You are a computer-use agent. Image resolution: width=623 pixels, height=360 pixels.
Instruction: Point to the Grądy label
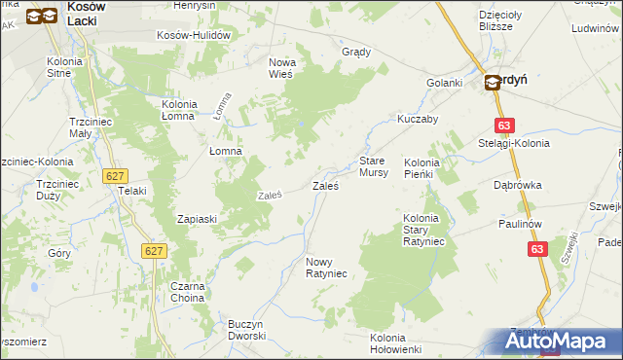click(x=356, y=52)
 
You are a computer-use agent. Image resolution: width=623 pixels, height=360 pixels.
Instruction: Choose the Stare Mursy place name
click(x=374, y=165)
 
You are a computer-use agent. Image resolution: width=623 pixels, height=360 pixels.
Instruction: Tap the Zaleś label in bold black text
click(x=325, y=185)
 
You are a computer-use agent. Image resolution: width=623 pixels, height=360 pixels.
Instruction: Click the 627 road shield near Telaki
click(x=115, y=175)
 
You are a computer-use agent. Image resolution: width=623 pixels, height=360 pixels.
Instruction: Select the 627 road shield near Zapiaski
click(x=154, y=251)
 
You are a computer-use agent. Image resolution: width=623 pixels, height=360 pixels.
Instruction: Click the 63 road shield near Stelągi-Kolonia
click(x=503, y=126)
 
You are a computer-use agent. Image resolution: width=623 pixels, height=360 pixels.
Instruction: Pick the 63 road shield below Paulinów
click(x=538, y=249)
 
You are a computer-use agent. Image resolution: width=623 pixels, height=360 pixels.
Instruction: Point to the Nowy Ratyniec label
click(x=327, y=268)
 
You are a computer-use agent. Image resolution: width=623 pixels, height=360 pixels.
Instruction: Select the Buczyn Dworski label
click(x=246, y=330)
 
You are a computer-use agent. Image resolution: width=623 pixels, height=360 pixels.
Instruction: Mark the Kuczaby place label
click(x=418, y=119)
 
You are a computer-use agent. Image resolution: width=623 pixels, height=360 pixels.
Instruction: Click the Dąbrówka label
click(x=517, y=184)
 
